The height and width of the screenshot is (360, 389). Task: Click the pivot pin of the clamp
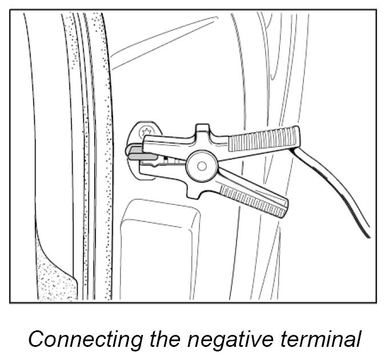[x=200, y=165]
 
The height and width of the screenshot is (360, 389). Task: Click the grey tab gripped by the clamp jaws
[x=139, y=153]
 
